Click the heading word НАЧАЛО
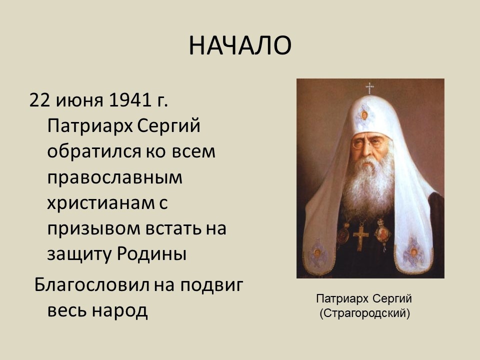click(x=240, y=45)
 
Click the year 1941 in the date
click(x=130, y=100)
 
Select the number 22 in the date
click(x=40, y=100)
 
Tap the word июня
click(x=79, y=101)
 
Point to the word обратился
click(x=94, y=151)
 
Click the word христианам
click(x=101, y=203)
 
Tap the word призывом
click(x=94, y=229)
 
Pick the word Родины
click(x=151, y=254)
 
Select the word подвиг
click(x=211, y=285)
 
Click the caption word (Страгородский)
click(x=364, y=313)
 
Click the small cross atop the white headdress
click(x=370, y=88)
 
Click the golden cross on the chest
click(x=361, y=237)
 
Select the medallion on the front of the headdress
click(x=364, y=115)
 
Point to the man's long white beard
click(x=369, y=183)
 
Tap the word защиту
click(x=80, y=254)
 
